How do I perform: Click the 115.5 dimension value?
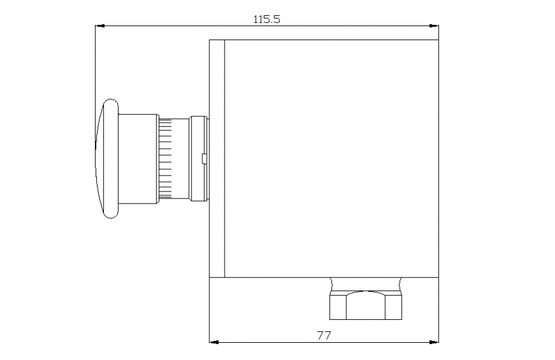click(267, 19)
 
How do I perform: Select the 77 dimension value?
click(324, 334)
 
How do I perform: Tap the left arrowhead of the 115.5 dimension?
click(99, 26)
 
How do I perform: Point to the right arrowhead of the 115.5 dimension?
click(434, 26)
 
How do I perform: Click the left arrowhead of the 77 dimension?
click(214, 342)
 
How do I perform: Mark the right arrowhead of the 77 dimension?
click(434, 342)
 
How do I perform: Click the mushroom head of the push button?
click(107, 159)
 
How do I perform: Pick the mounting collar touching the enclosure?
click(198, 159)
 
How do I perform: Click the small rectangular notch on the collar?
click(204, 159)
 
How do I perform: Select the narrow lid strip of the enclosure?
click(217, 159)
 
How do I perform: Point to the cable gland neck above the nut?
click(365, 283)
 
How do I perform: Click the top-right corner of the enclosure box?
click(438, 40)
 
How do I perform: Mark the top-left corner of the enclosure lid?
click(210, 40)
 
